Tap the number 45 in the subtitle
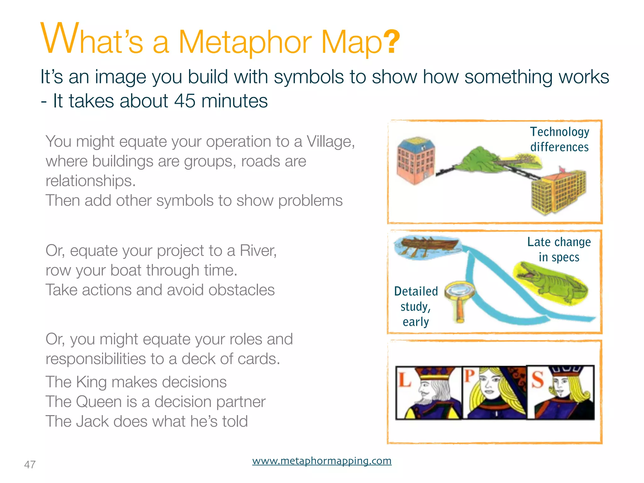point(185,101)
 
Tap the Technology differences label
point(559,139)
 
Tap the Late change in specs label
point(559,249)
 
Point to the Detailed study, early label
point(416,306)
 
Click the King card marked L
point(428,393)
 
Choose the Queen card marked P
point(494,393)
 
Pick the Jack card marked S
point(560,393)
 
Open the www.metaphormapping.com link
point(322,461)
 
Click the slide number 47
point(30,464)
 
